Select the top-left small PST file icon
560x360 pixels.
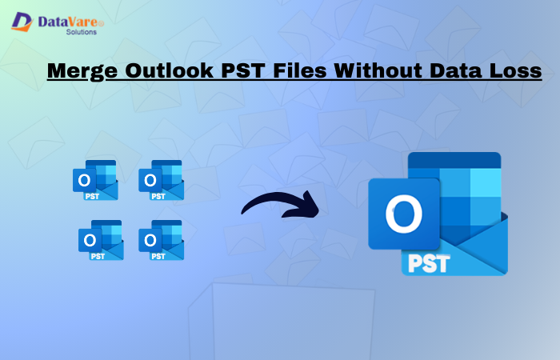coord(95,180)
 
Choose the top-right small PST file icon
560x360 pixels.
coord(161,180)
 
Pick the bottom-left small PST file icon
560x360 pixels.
coord(101,240)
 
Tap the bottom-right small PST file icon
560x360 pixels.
coord(161,240)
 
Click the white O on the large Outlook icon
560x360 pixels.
coord(403,214)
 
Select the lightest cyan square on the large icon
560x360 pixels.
coord(485,185)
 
